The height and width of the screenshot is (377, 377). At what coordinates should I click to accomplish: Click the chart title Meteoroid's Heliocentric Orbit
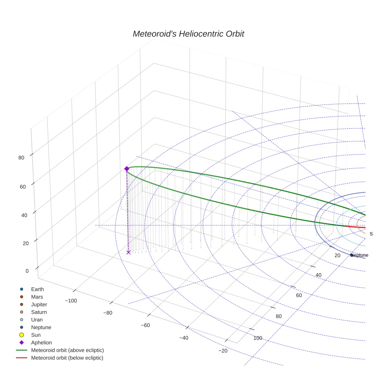point(188,34)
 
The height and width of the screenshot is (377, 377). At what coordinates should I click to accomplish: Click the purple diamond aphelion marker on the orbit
point(126,169)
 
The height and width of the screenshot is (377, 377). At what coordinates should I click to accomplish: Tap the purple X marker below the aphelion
point(128,252)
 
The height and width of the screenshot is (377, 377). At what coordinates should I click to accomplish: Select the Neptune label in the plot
point(359,255)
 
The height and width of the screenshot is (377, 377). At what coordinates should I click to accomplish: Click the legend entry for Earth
point(37,289)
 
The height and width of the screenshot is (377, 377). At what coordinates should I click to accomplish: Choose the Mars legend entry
point(37,297)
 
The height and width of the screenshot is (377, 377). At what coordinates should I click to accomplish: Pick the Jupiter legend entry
point(39,305)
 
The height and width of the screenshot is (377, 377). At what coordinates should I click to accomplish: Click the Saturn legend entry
point(39,312)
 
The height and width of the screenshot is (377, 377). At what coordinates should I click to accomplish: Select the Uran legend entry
point(37,320)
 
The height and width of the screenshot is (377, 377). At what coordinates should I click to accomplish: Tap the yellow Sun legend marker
point(22,335)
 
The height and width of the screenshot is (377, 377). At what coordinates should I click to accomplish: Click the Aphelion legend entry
point(41,343)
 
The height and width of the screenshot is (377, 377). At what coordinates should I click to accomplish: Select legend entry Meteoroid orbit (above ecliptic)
point(67,350)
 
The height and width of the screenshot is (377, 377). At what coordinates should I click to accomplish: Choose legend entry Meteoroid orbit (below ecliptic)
point(67,358)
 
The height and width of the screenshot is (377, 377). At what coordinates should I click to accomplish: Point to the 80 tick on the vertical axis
point(21,157)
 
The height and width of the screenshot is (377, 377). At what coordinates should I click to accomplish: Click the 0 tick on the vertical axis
point(27,271)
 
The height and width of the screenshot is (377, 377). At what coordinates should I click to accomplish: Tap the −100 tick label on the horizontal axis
point(71,301)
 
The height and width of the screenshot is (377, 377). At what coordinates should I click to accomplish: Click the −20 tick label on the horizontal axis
point(223,351)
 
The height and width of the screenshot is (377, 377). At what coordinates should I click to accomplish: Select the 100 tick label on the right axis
point(258,338)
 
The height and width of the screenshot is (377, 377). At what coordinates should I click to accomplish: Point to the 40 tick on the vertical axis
point(24,215)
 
